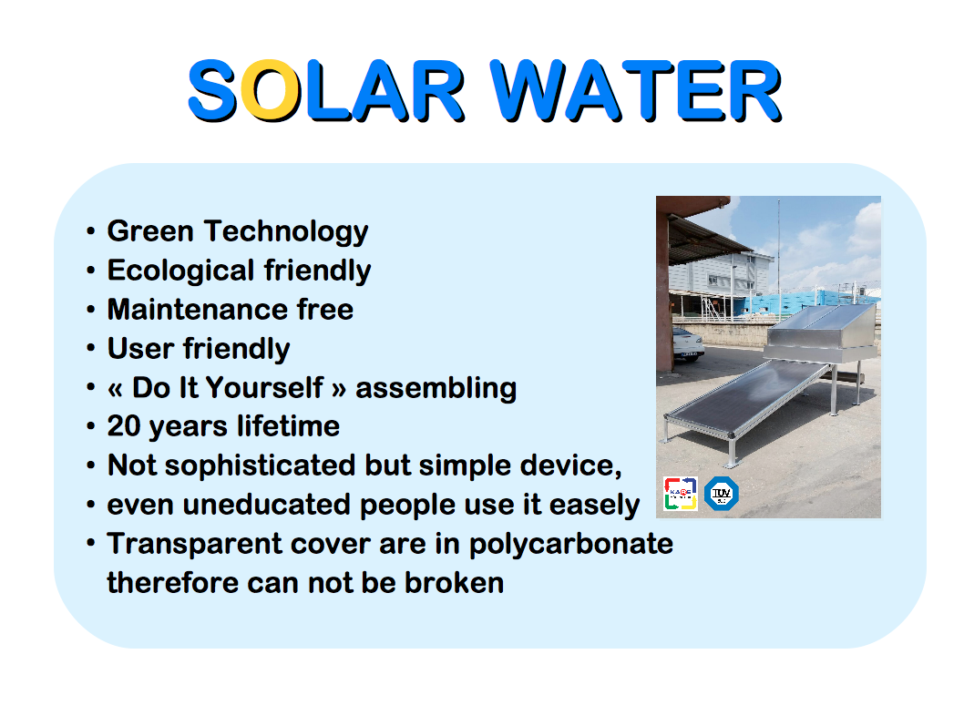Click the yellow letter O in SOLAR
pyautogui.click(x=271, y=90)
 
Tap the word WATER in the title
pyautogui.click(x=636, y=90)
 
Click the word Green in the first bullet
pyautogui.click(x=150, y=231)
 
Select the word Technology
pyautogui.click(x=286, y=232)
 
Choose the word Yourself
pyautogui.click(x=264, y=388)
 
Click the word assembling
pyautogui.click(x=436, y=389)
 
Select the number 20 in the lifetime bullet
pyautogui.click(x=124, y=426)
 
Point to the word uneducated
pyautogui.click(x=267, y=505)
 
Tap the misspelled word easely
pyautogui.click(x=594, y=506)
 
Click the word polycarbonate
pyautogui.click(x=571, y=545)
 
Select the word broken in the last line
pyautogui.click(x=455, y=583)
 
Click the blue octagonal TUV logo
pyautogui.click(x=721, y=494)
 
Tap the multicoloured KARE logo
pyautogui.click(x=680, y=494)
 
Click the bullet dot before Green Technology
pyautogui.click(x=91, y=231)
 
